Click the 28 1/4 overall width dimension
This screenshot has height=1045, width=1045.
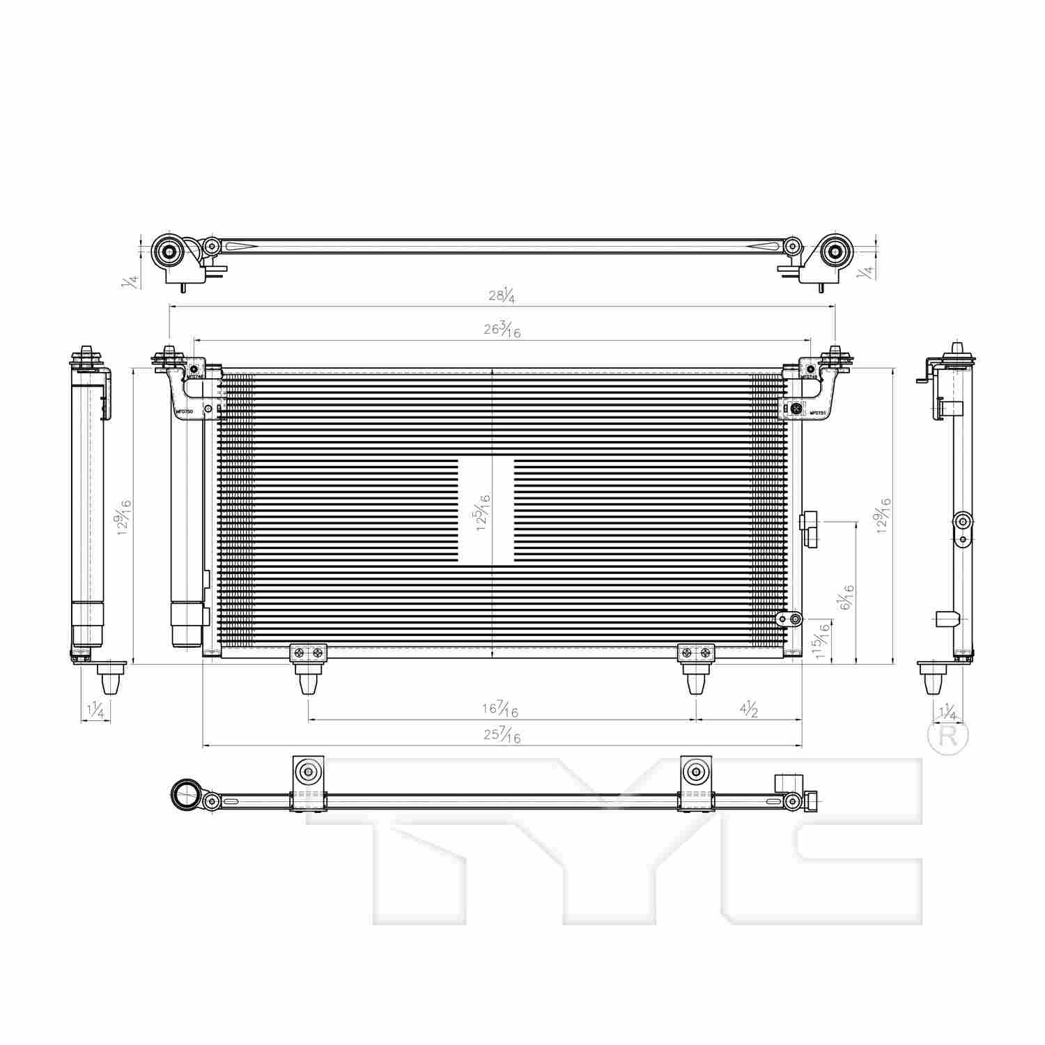[x=502, y=295]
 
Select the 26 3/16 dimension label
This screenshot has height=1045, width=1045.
[x=502, y=330]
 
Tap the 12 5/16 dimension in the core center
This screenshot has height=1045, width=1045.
[x=483, y=513]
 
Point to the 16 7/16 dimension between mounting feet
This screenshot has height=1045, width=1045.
[x=500, y=709]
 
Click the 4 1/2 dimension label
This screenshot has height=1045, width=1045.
[x=749, y=709]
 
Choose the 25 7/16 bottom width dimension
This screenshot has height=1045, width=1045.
[x=502, y=736]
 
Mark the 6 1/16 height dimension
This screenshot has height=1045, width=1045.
[x=846, y=598]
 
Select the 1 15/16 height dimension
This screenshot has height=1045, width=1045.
[x=824, y=642]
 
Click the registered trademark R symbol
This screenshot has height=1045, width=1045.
[x=948, y=736]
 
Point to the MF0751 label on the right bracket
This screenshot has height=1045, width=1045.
[x=817, y=412]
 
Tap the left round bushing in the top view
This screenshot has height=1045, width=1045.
[x=168, y=251]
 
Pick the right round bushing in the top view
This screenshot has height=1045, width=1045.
[x=834, y=251]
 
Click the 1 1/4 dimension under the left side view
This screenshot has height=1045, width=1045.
[x=95, y=711]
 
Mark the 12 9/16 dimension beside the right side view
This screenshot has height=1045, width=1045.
[x=884, y=516]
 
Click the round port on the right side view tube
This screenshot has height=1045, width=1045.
[x=963, y=521]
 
